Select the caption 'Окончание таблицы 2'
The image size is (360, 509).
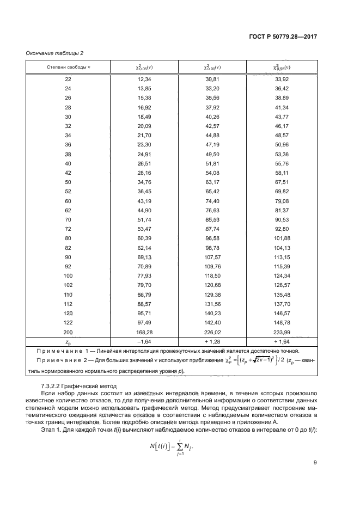[54, 53]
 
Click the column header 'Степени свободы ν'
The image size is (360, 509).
[68, 67]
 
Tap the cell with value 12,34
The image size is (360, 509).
[144, 79]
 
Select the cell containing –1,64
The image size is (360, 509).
[144, 341]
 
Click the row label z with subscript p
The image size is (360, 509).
[68, 342]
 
